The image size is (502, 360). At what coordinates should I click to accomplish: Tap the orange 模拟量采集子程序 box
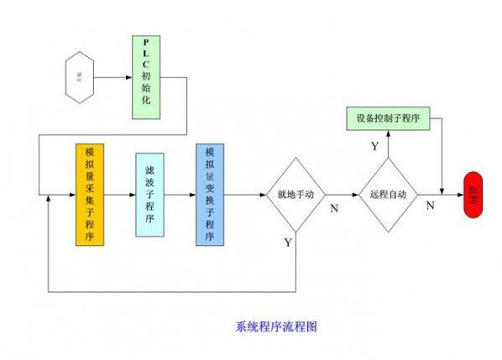tap(89, 195)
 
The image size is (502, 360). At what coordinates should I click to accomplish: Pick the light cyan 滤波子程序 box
tap(149, 195)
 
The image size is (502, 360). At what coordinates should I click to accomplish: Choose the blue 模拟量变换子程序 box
tap(209, 195)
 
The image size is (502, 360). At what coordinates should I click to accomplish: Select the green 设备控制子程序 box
tap(388, 119)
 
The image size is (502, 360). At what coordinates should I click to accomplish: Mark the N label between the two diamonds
tap(333, 207)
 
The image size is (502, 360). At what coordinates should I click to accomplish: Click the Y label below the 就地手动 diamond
tap(288, 243)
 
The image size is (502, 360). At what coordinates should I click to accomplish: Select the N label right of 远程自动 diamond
tap(430, 205)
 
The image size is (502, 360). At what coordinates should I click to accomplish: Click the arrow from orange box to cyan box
tap(118, 194)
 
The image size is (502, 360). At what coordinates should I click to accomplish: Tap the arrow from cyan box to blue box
tap(180, 194)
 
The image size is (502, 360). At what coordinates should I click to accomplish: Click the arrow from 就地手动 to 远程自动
tap(341, 194)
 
